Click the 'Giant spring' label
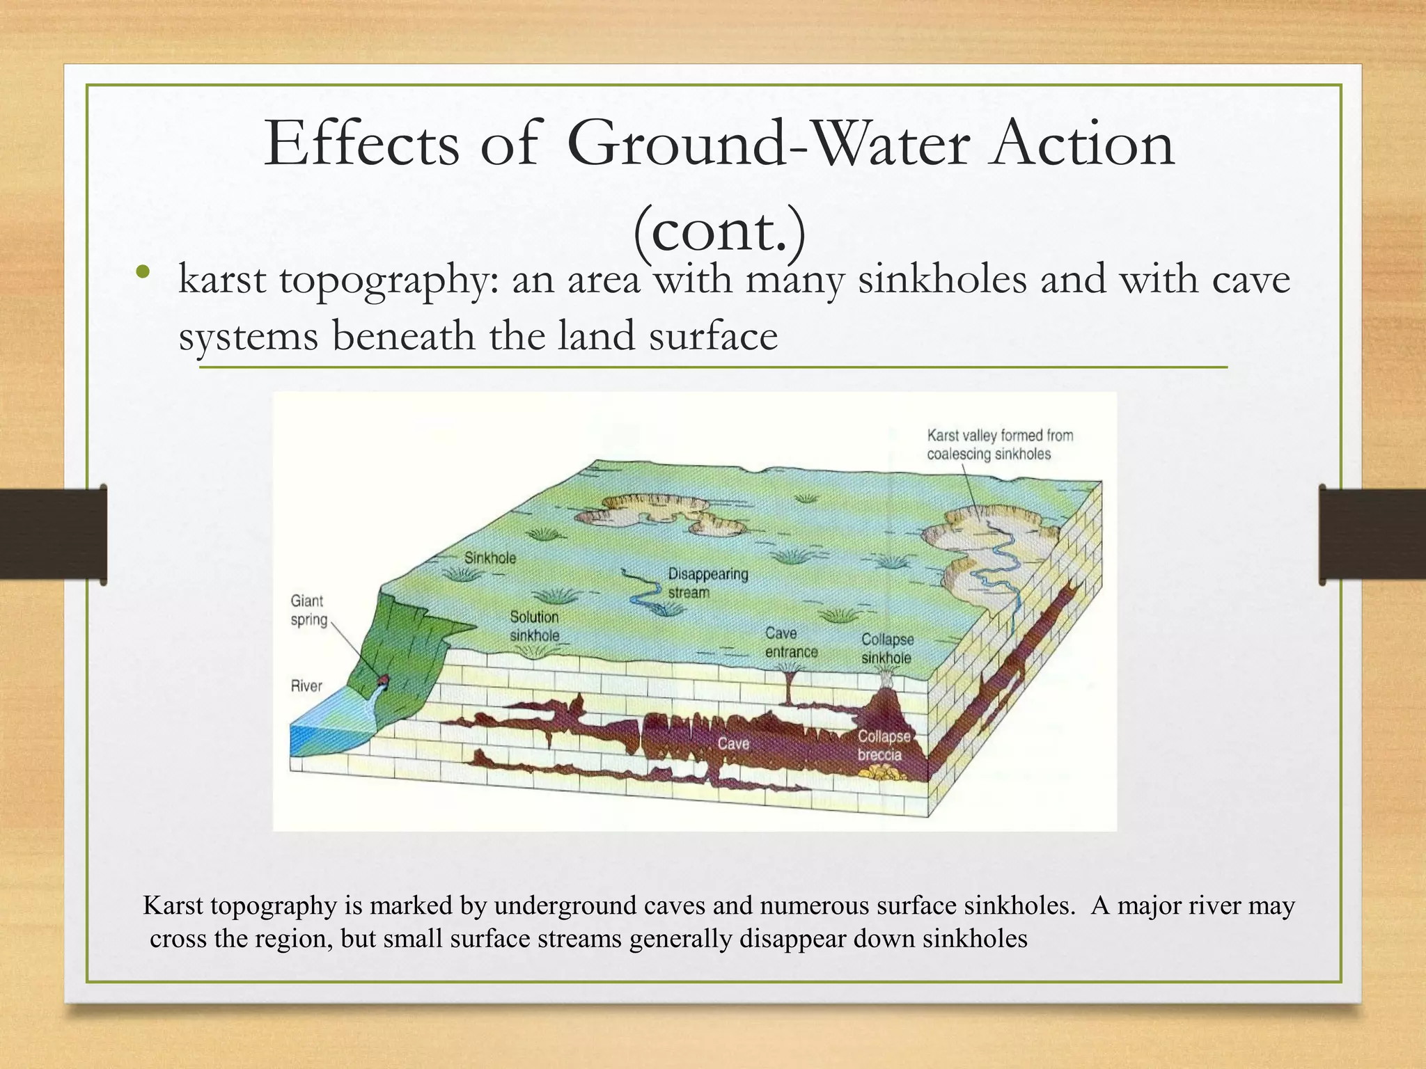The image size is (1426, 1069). tap(308, 610)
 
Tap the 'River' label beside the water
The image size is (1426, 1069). tap(306, 686)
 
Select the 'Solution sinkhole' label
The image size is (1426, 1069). tap(534, 626)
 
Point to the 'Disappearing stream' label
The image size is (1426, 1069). tap(707, 583)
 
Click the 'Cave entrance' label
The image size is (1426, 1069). tap(790, 642)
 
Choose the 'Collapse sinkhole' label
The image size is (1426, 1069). tap(886, 648)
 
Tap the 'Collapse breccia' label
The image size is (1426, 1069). tap(882, 745)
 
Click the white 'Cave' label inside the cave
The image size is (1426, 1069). tap(733, 744)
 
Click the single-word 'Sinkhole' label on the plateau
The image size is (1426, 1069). tap(490, 557)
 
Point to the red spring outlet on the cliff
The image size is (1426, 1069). tap(382, 679)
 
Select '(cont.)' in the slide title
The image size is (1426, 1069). tap(719, 230)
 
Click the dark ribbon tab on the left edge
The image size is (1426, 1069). tap(53, 534)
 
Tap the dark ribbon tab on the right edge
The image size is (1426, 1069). tap(1372, 534)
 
